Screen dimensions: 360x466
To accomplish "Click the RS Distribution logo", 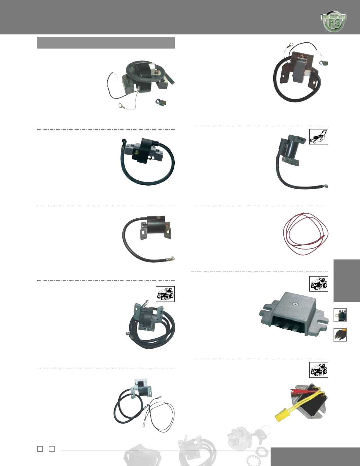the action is tap(334, 22).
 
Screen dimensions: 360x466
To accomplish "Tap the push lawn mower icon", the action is tap(319, 137).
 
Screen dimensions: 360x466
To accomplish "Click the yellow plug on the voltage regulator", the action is tap(281, 416).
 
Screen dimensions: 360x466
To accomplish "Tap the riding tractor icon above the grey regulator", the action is tap(319, 284).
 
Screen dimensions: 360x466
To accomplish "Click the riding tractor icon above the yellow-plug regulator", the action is tap(319, 370).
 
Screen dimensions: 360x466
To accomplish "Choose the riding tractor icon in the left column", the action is tap(165, 294).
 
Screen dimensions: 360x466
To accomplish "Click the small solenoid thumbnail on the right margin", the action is tap(340, 315).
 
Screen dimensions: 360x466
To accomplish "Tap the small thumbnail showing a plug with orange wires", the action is tap(340, 335).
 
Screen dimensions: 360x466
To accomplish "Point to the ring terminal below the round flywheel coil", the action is tap(121, 106).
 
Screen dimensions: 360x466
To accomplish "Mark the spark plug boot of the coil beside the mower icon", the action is tap(326, 186).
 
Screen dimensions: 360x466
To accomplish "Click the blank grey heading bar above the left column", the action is tap(106, 43).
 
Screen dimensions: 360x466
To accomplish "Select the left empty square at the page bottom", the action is tap(40, 449).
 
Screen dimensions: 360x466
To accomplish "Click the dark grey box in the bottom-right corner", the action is tap(315, 457).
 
